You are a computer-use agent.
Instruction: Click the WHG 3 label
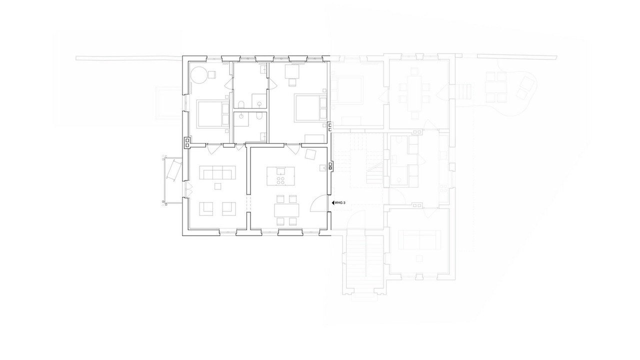coord(340,203)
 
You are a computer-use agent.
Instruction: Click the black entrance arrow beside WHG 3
coord(333,203)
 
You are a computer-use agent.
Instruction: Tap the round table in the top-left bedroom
coord(198,75)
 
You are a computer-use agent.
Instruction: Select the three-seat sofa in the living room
coord(217,172)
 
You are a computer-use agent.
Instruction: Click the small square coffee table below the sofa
coord(217,186)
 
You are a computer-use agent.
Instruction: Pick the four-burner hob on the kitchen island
coord(280,180)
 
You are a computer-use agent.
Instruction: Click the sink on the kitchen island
coord(280,171)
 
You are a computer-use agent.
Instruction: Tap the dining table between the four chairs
coord(286,210)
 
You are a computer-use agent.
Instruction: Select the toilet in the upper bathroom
coord(241,104)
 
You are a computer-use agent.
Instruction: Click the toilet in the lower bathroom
coord(259,115)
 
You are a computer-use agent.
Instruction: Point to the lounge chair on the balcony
coord(173,171)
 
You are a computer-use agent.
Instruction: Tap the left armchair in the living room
coord(206,209)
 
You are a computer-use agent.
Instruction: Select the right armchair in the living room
coord(229,209)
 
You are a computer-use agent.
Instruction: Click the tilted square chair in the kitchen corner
coord(310,154)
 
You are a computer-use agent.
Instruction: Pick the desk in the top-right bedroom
coord(292,71)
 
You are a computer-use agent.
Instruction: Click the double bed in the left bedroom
coord(213,113)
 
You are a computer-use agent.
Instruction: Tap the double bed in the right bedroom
coord(311,108)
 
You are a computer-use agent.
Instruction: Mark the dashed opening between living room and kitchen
coord(248,203)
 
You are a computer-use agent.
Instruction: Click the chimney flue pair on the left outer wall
coord(187,143)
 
